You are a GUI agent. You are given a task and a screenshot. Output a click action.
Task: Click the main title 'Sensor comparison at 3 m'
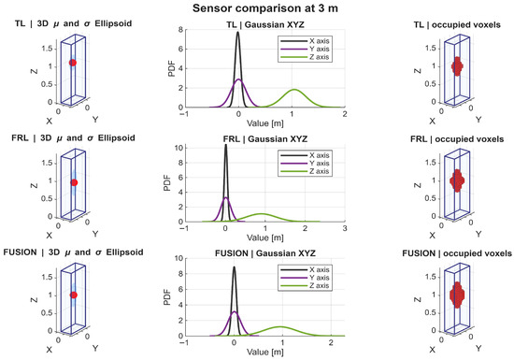point(264,7)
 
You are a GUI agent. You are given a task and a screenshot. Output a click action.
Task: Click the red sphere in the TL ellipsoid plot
point(73,63)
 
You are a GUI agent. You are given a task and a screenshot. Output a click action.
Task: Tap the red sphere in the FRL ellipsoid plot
point(74,182)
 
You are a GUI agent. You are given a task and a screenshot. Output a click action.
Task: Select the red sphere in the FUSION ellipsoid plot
point(74,295)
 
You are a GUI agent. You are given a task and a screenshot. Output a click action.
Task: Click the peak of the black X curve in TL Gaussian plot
point(238,32)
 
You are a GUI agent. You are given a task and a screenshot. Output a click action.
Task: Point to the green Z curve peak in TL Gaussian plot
point(294,89)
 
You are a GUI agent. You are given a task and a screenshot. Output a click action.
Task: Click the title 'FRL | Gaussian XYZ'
point(265,139)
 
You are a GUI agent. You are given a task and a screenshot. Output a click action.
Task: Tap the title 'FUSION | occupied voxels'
point(457,253)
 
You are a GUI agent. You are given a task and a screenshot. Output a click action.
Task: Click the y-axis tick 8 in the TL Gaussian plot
point(180,30)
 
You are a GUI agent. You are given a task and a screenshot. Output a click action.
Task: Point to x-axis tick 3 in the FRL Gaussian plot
point(345,228)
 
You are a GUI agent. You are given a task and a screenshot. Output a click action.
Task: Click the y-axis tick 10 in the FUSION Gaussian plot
point(178,258)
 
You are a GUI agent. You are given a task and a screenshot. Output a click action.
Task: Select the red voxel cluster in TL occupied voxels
point(457,66)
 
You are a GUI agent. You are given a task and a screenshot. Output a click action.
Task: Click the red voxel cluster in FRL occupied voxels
point(457,180)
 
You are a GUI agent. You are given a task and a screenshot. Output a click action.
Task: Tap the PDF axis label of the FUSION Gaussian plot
point(167,297)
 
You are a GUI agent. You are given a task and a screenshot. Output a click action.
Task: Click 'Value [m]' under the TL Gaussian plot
point(265,123)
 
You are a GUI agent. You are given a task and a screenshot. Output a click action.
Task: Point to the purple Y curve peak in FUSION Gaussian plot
point(234,311)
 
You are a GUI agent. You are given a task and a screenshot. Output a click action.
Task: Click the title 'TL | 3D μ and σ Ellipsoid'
point(73,23)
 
